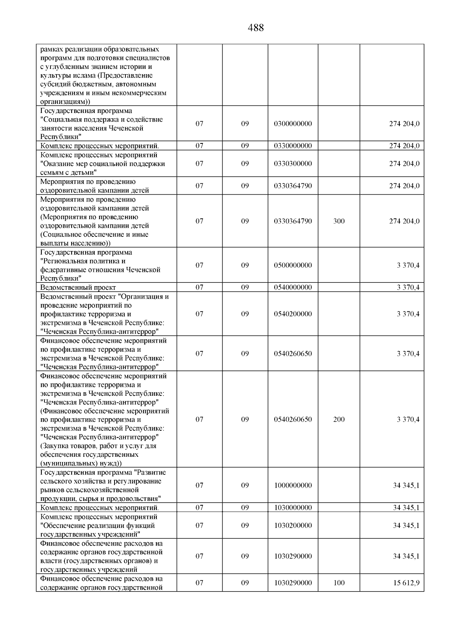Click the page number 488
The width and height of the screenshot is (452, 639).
(256, 28)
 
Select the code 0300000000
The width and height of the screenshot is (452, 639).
(293, 124)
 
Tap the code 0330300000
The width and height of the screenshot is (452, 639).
(293, 164)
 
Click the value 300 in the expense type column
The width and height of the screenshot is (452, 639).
(339, 221)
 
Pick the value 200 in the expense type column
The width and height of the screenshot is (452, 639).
(339, 419)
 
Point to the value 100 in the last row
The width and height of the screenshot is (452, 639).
(339, 583)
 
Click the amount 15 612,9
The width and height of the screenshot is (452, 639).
(406, 583)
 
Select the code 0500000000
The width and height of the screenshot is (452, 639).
(293, 265)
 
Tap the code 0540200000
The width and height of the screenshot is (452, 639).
(293, 314)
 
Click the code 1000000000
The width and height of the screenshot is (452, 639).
(293, 485)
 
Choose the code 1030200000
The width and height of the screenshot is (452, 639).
(293, 526)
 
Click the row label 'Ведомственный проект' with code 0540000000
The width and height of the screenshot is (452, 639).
(78, 288)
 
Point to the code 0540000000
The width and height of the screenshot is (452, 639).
(293, 288)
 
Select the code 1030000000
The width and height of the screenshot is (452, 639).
(293, 508)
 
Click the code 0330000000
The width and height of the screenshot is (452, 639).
(293, 146)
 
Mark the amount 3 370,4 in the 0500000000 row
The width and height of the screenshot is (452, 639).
(408, 265)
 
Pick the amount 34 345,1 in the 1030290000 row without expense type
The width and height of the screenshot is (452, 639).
(406, 557)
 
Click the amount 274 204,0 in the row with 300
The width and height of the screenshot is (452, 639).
(404, 221)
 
